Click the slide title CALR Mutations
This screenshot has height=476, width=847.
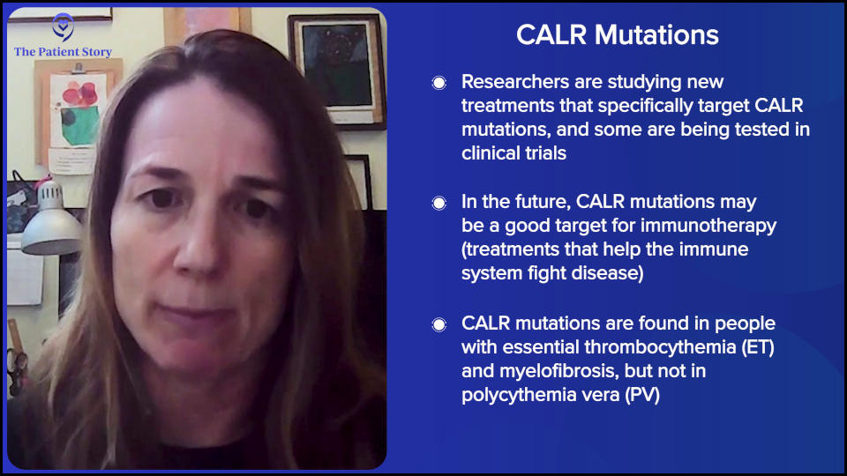coord(617,34)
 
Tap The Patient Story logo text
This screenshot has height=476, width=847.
coord(63,52)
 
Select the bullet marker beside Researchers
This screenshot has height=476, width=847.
coord(438,83)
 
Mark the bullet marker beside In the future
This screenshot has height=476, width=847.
coord(438,203)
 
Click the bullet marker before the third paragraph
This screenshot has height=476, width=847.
coord(438,324)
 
